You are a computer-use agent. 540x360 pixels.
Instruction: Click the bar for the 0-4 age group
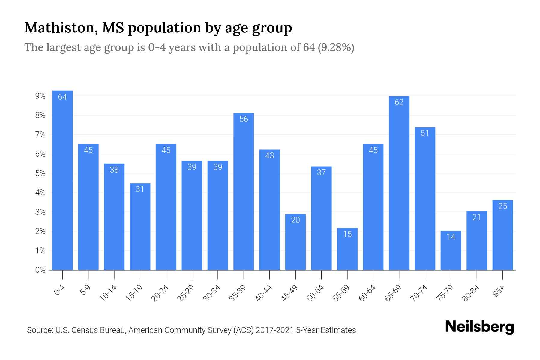(62, 180)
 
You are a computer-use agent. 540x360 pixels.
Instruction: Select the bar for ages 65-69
(399, 183)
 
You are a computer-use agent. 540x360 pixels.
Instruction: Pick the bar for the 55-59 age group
(347, 249)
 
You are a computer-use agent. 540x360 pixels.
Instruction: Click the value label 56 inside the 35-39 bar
(244, 119)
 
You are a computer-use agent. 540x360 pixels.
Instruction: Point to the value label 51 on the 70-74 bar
(425, 133)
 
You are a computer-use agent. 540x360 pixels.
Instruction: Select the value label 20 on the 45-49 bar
(295, 220)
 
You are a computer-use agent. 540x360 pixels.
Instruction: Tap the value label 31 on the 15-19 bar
(140, 189)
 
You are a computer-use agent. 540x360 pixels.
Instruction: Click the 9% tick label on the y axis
(40, 96)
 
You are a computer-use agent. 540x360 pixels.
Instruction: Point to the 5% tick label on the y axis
(40, 173)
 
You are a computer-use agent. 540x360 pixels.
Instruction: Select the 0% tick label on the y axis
(40, 270)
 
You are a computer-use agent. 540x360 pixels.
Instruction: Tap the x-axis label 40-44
(264, 293)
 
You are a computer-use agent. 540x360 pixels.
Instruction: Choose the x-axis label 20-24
(160, 293)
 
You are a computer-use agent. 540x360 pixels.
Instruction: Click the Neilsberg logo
(479, 327)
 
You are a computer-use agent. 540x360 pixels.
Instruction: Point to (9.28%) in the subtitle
(334, 47)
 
